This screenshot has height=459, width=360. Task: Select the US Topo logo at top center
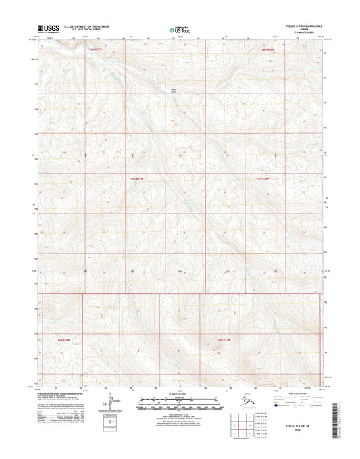(x=180, y=29)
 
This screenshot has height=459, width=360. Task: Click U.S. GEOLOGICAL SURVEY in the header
(x=84, y=30)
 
